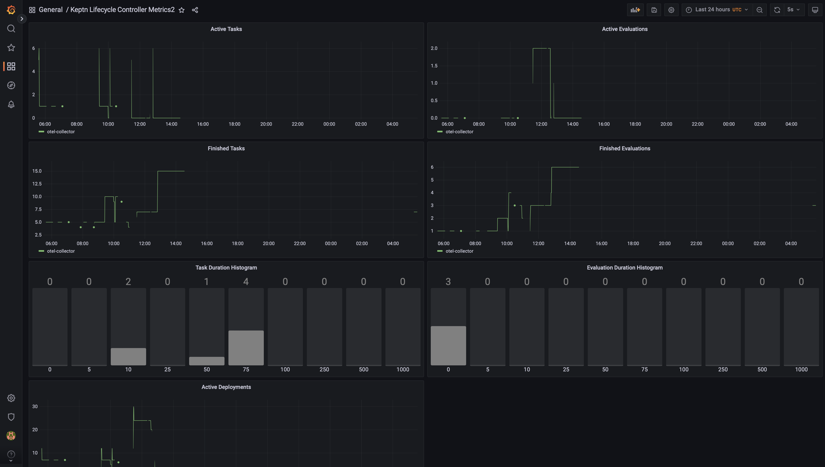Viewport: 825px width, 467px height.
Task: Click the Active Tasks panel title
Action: pos(226,29)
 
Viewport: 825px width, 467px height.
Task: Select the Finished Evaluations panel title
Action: pos(624,149)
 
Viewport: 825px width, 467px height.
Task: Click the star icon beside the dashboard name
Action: pos(182,10)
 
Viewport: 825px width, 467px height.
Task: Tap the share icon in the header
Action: pos(195,10)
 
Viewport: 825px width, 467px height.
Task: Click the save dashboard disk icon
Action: pos(654,10)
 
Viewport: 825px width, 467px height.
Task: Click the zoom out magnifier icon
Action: pos(759,10)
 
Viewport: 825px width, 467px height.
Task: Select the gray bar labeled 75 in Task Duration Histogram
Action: pos(246,348)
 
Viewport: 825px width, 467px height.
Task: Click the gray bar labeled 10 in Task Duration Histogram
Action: pos(128,356)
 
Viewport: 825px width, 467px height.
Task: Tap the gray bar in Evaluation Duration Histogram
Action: pos(448,346)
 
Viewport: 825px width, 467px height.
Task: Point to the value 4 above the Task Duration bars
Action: pos(246,282)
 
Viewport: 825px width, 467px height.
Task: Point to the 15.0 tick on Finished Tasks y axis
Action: pos(37,171)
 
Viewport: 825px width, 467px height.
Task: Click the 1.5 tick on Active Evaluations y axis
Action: pos(434,66)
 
